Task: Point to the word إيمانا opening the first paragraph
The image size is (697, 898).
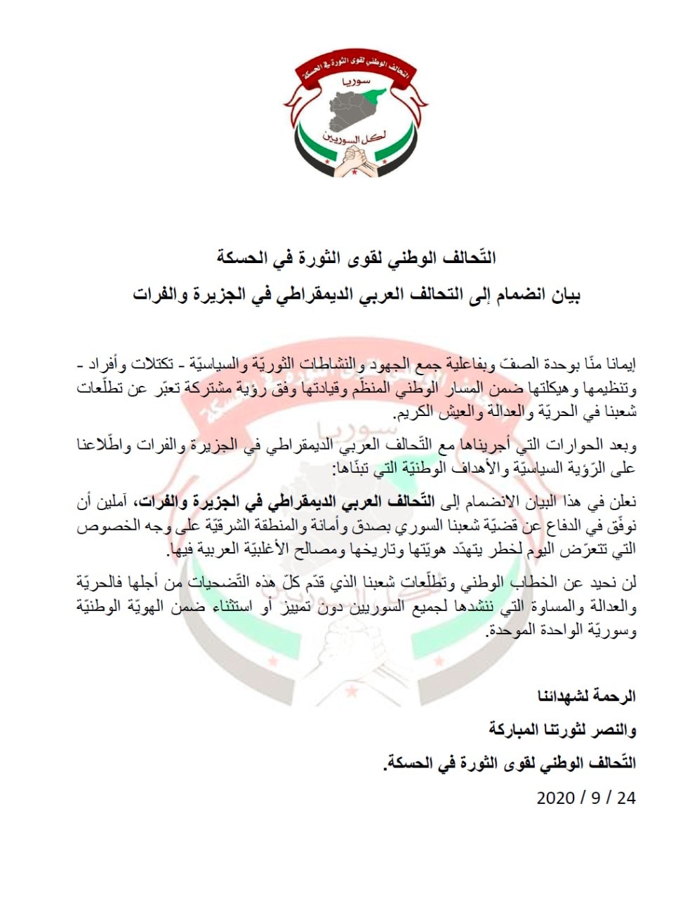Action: [x=618, y=366]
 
